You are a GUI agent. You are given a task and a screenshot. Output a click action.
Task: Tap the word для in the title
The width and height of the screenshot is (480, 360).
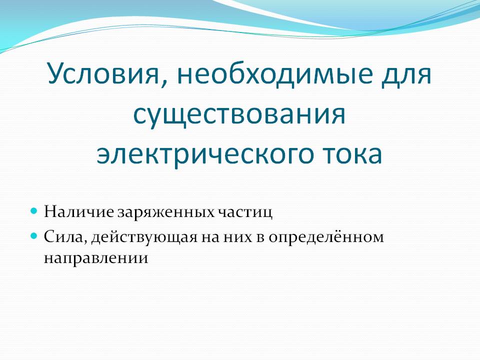pos(402,75)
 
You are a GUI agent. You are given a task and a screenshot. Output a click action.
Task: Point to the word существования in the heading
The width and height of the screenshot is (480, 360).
pos(239,114)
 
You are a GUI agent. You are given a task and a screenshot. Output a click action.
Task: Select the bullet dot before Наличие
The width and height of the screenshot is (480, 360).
pos(34,210)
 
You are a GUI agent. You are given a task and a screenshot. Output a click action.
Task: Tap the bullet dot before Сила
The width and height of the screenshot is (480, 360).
pos(34,235)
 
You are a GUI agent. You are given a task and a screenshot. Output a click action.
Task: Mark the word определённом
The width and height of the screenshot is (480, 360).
pos(327,236)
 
